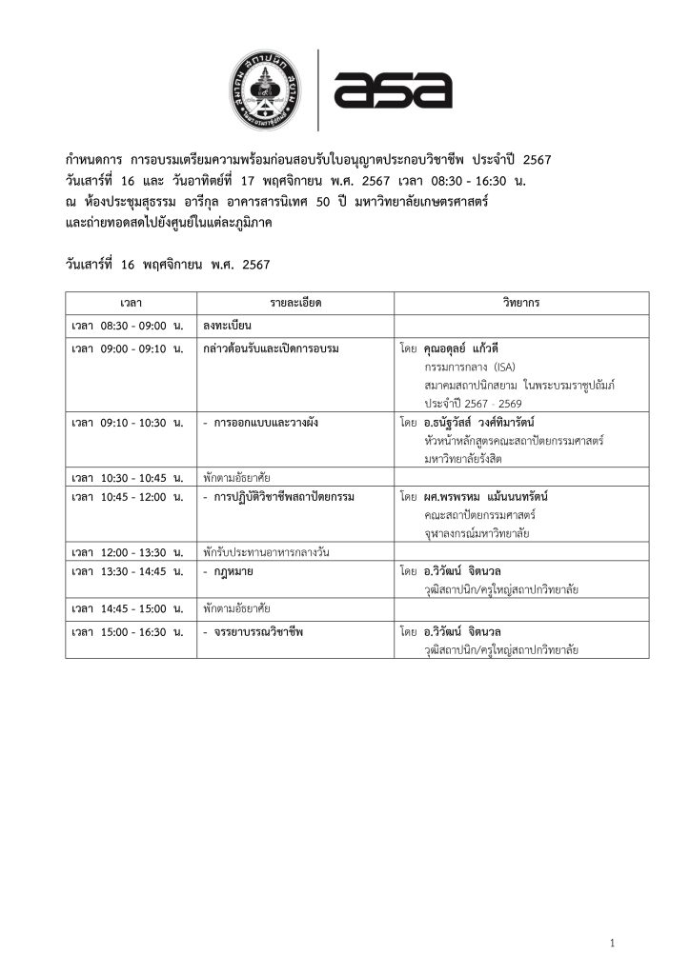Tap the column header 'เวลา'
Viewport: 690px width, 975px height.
pyautogui.click(x=132, y=303)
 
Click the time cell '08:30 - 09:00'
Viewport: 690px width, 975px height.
pyautogui.click(x=127, y=327)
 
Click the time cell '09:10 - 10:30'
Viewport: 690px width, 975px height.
pyautogui.click(x=127, y=422)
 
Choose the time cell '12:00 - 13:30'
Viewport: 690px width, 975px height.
pyautogui.click(x=127, y=552)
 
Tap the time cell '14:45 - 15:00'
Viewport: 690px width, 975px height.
pyautogui.click(x=127, y=608)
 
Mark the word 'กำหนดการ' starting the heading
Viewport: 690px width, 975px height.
pyautogui.click(x=90, y=158)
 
